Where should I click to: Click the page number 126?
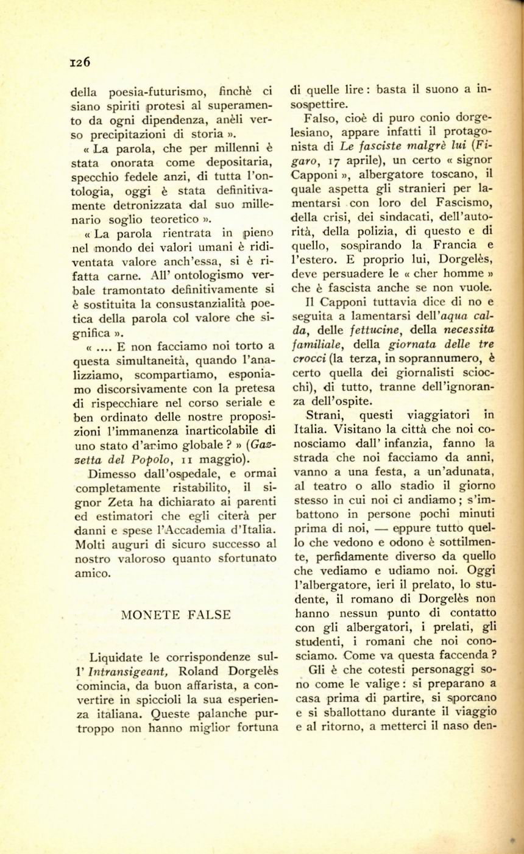point(80,62)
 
